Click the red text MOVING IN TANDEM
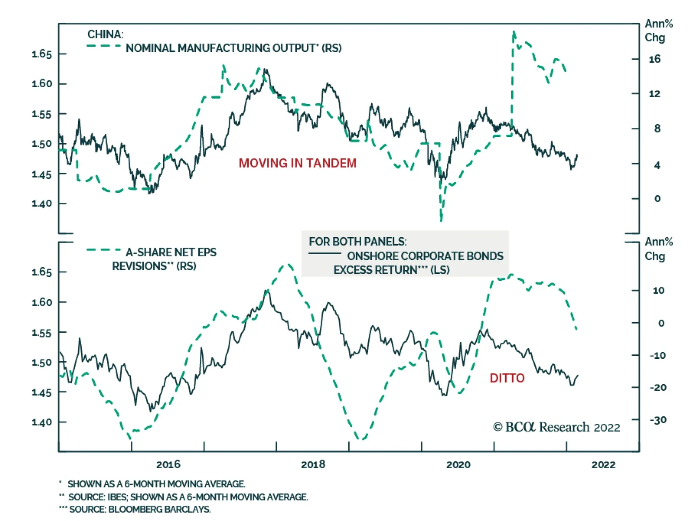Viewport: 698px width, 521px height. pyautogui.click(x=298, y=163)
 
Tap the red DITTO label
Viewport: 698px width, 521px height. pyautogui.click(x=507, y=378)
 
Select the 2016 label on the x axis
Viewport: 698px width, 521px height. pyautogui.click(x=168, y=464)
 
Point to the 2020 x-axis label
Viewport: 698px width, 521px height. pyautogui.click(x=458, y=464)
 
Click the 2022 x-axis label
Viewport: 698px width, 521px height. pyautogui.click(x=603, y=464)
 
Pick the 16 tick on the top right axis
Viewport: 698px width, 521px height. pyautogui.click(x=654, y=59)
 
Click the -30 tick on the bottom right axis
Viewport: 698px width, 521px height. pyautogui.click(x=658, y=420)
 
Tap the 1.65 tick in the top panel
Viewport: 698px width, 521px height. pyautogui.click(x=42, y=54)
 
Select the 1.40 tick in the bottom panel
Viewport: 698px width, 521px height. pyautogui.click(x=42, y=422)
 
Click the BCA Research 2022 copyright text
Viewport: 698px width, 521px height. pyautogui.click(x=556, y=427)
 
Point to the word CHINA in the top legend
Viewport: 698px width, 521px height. pyautogui.click(x=105, y=34)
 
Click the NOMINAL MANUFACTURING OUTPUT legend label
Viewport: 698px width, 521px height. pyautogui.click(x=233, y=48)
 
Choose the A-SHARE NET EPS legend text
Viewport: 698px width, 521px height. pyautogui.click(x=171, y=252)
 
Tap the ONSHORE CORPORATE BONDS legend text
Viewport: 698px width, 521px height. pyautogui.click(x=425, y=256)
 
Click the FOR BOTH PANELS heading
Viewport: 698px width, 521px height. pyautogui.click(x=358, y=242)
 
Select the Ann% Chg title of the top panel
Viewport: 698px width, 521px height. pyautogui.click(x=658, y=31)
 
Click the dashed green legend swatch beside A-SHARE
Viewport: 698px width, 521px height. pyautogui.click(x=104, y=250)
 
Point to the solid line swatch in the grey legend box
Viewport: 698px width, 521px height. pyautogui.click(x=325, y=254)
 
